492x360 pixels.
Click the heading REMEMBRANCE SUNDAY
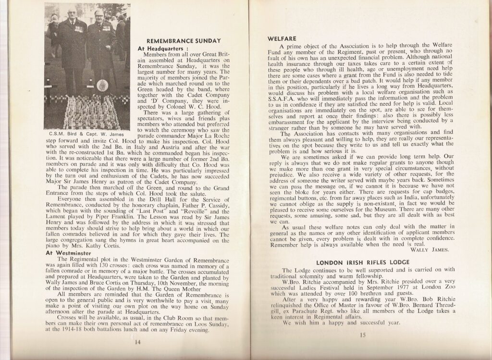(183, 41)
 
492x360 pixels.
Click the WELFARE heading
(281, 38)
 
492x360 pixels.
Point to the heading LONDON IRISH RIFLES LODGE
(363, 262)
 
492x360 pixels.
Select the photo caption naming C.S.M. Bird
(86, 133)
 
